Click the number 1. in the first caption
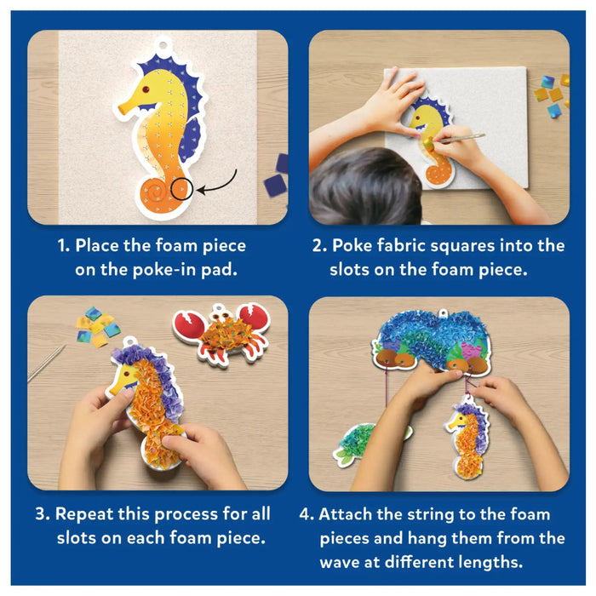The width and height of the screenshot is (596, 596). pyautogui.click(x=64, y=246)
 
